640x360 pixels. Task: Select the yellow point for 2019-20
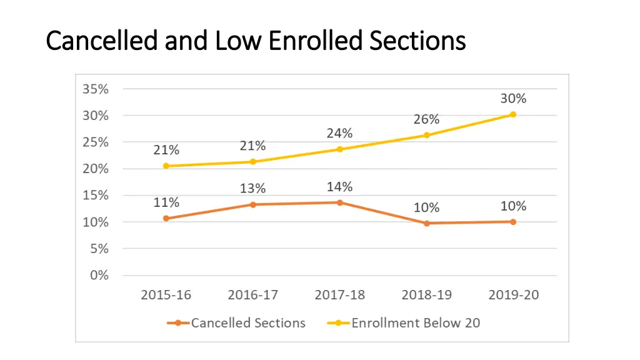(513, 114)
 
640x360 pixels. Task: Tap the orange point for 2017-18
(340, 202)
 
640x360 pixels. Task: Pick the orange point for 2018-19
(427, 223)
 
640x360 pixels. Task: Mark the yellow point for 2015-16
(166, 166)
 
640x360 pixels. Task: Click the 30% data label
(513, 98)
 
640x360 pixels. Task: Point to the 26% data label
(426, 119)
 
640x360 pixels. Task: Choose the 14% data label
(339, 186)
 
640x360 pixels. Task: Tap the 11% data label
(166, 202)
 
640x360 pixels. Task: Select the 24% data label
(339, 133)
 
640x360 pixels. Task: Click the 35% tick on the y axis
(96, 89)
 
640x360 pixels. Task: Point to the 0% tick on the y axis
(99, 275)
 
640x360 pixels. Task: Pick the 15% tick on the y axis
(96, 195)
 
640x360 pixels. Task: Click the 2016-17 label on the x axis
(253, 295)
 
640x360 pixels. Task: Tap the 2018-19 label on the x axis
(427, 295)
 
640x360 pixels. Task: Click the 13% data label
(252, 188)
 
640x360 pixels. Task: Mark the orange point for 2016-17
(253, 204)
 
